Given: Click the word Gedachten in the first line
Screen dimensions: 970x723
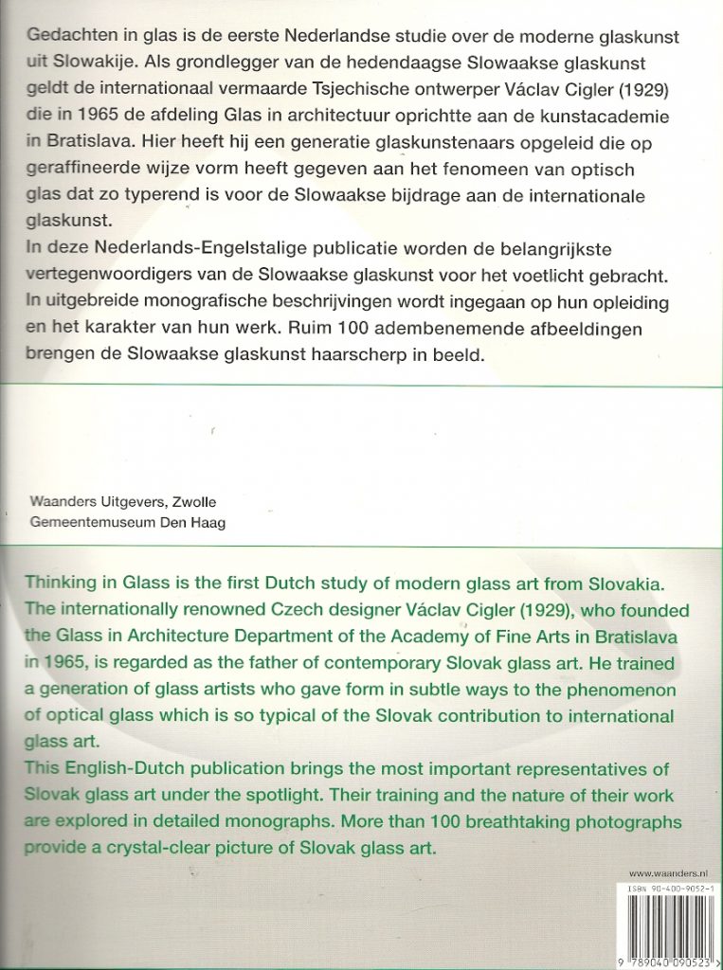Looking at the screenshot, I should point(69,35).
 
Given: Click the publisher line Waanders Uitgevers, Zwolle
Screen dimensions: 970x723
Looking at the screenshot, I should point(124,502).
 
